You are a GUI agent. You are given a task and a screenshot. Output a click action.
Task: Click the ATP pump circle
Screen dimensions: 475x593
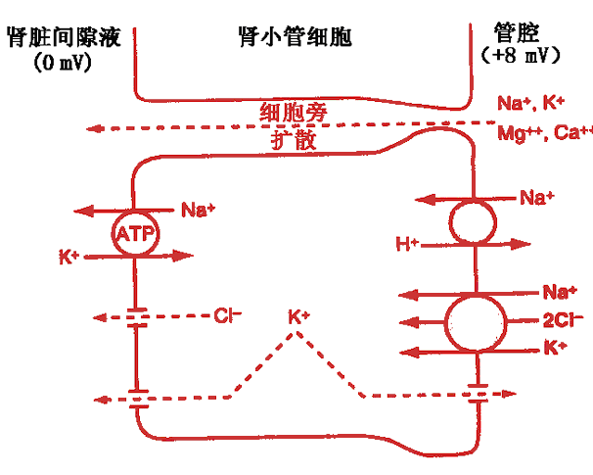[x=136, y=233]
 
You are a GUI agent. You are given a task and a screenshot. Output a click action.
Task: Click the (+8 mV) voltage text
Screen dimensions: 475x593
[x=528, y=56]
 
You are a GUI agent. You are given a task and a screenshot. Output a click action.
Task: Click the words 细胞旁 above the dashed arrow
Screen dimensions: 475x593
[x=293, y=112]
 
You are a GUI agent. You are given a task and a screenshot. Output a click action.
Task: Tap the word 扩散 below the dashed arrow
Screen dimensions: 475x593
[x=294, y=140]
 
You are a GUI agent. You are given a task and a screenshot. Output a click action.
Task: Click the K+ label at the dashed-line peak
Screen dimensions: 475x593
[x=298, y=317]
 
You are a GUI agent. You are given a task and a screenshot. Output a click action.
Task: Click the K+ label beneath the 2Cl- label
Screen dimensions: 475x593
[x=555, y=346]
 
